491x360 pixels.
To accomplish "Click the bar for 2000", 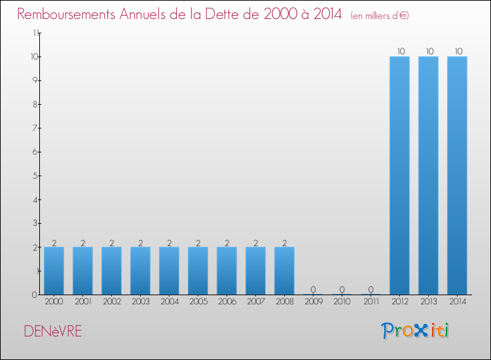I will click(54, 270).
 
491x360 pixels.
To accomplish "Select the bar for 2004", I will click(169, 270).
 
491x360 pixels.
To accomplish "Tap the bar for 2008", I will click(284, 270).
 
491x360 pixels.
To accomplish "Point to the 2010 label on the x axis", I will click(342, 302).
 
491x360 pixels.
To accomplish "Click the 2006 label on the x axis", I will click(227, 302).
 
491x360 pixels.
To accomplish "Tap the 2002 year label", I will click(111, 302).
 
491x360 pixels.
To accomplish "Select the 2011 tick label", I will click(371, 302).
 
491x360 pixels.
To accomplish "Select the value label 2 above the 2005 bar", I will click(198, 243).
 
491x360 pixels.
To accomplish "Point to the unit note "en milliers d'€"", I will click(380, 15).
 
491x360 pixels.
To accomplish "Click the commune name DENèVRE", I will click(53, 332).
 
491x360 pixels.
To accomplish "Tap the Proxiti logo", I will click(415, 331).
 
